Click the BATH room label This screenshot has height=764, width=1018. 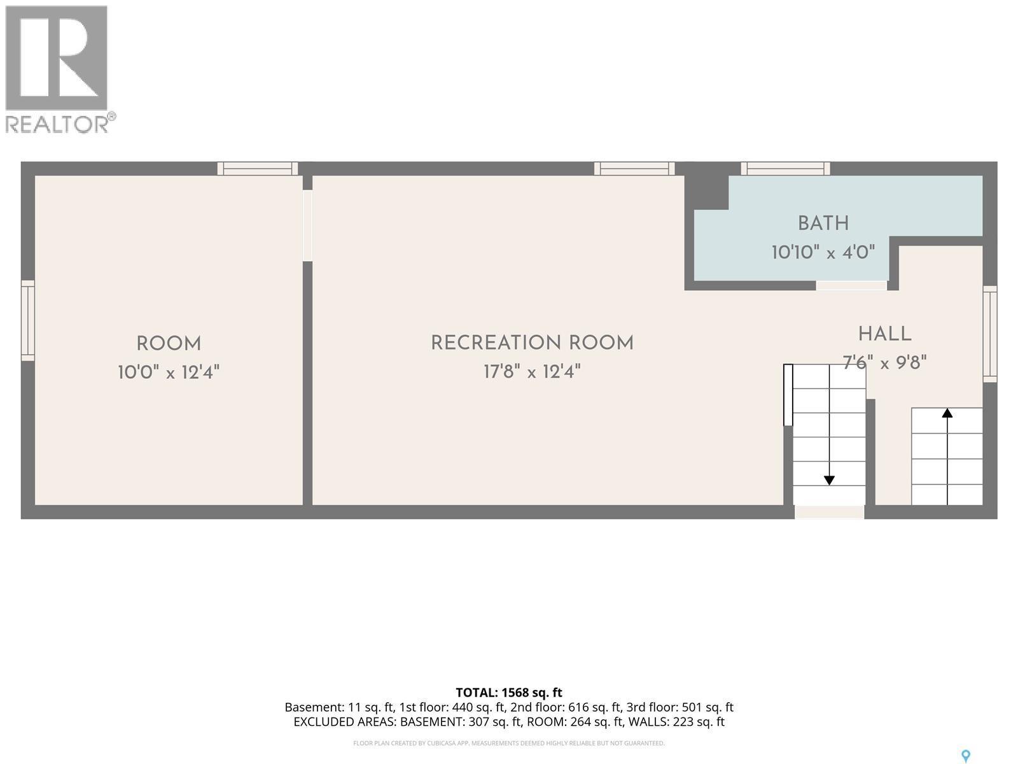(823, 223)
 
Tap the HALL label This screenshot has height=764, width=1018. (885, 334)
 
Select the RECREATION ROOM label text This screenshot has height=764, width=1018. (532, 343)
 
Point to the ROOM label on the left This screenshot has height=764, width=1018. (169, 344)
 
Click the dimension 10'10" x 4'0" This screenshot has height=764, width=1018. (823, 252)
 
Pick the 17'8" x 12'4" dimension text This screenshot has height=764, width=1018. (532, 372)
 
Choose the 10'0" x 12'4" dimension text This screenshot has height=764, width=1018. (169, 372)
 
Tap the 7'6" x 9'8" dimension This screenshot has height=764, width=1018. (884, 362)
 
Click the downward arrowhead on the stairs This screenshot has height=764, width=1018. (829, 481)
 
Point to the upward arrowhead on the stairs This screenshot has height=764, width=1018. (947, 413)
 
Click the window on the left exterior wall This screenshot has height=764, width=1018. (28, 320)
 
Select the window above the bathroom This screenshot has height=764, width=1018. (785, 168)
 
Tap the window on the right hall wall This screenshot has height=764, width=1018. (990, 334)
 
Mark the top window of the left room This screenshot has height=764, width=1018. (258, 168)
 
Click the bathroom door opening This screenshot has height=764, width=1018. (851, 286)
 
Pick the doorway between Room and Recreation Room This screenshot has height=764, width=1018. (307, 225)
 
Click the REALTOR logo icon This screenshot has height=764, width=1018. (57, 58)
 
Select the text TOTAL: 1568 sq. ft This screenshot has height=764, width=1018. (509, 693)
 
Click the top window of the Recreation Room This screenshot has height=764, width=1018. (634, 168)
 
